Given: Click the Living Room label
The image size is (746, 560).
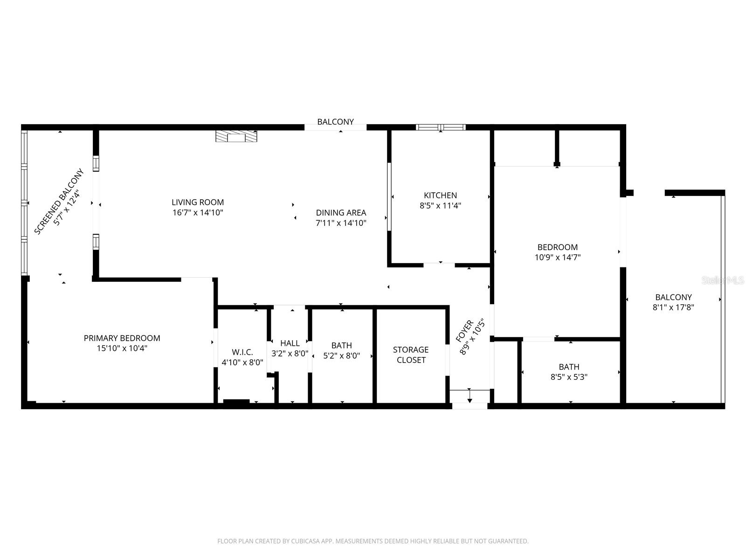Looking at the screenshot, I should click(x=198, y=202).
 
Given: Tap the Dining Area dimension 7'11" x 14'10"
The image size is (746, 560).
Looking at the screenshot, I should click(x=341, y=223).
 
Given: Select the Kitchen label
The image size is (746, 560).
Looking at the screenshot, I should click(x=440, y=195).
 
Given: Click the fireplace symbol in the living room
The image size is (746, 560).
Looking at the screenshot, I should click(x=236, y=136).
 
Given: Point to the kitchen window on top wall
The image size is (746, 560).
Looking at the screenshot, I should click(x=441, y=127).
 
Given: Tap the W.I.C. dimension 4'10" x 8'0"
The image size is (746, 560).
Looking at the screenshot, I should click(x=242, y=362).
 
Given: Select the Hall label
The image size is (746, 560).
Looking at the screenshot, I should click(x=290, y=343).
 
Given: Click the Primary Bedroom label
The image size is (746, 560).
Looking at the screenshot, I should click(x=122, y=338).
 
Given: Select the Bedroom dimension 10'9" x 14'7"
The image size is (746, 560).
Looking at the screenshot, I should click(x=558, y=257).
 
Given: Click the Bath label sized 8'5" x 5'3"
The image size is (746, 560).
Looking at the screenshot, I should click(x=569, y=367).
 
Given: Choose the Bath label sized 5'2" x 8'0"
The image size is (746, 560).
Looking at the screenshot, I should click(x=342, y=345).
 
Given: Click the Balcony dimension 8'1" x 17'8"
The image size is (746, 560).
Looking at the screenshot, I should click(x=673, y=308).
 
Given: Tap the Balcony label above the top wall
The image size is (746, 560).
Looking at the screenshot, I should click(x=335, y=122).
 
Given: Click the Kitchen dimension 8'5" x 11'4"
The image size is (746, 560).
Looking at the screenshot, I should click(x=440, y=205).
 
